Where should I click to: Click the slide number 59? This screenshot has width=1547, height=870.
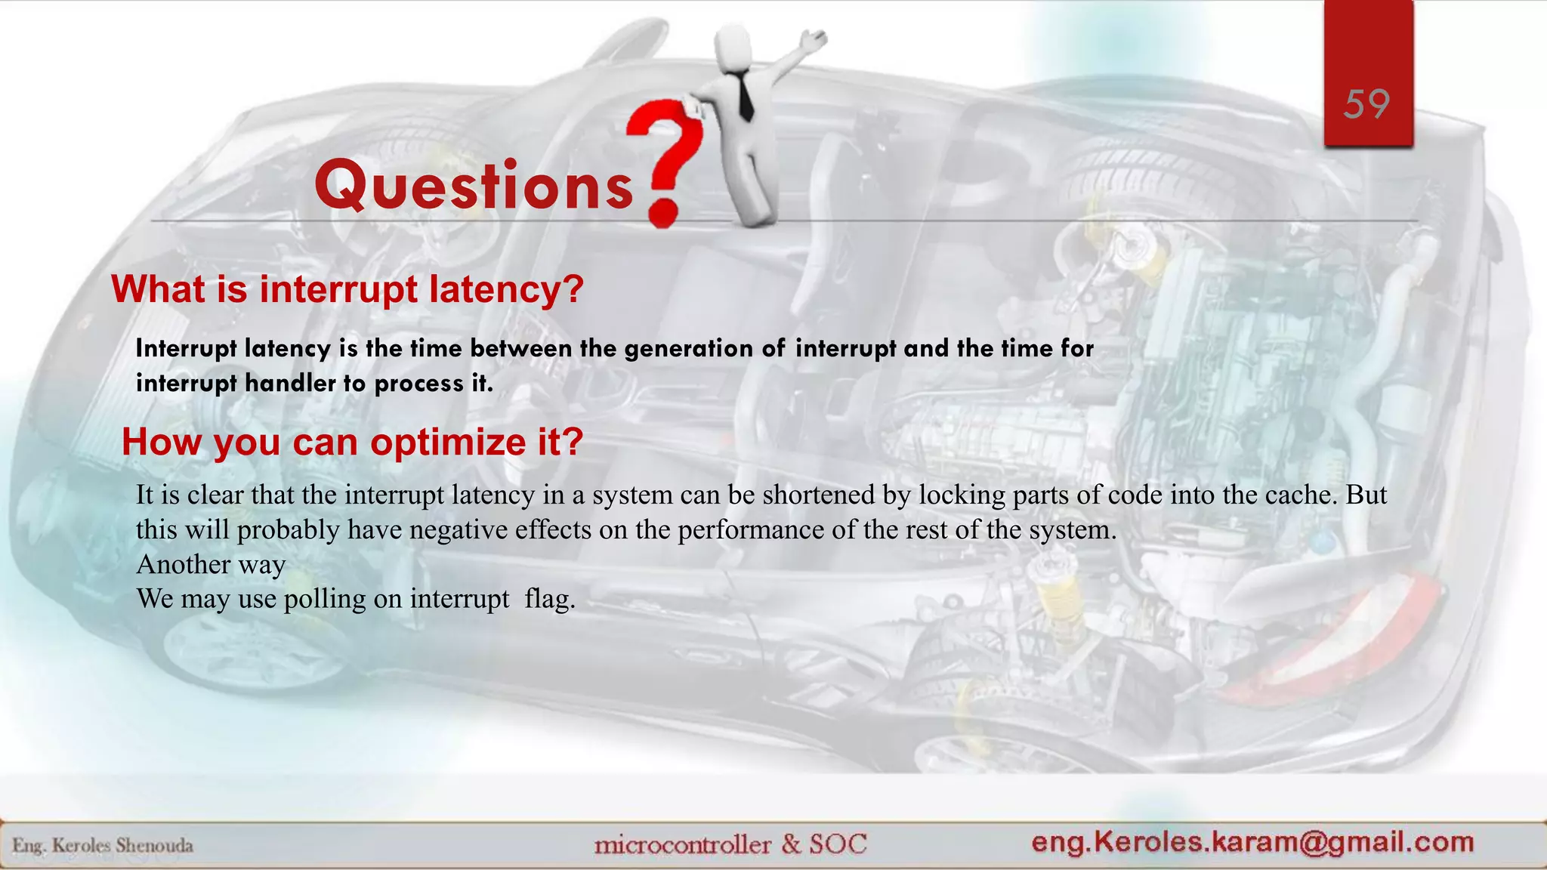(x=1366, y=104)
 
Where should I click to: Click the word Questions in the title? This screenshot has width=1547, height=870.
(x=474, y=186)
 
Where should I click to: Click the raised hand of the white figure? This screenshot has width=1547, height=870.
(x=814, y=39)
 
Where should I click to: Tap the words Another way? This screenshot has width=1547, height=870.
(x=211, y=565)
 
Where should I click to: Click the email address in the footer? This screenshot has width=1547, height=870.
(x=1252, y=842)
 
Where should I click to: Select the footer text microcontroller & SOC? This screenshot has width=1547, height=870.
(x=730, y=844)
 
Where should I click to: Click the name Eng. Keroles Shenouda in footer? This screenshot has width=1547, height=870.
(x=103, y=845)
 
